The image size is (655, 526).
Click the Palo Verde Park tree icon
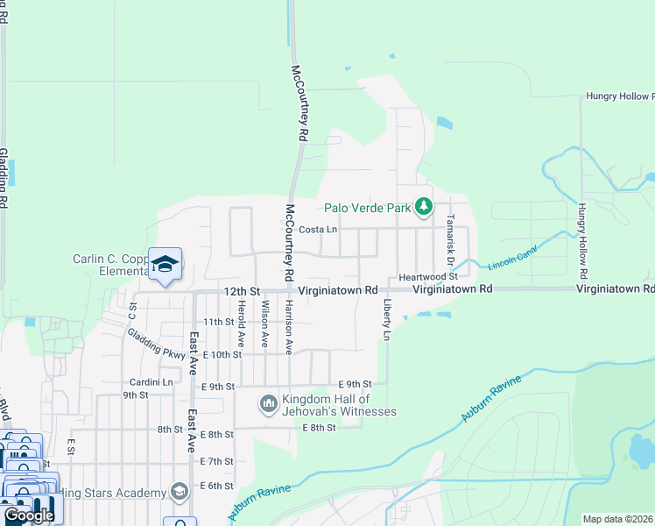tap(425, 207)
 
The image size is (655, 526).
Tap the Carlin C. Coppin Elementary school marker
tap(165, 264)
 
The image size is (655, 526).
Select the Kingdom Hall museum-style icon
tap(268, 404)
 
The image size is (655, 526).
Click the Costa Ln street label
tap(318, 229)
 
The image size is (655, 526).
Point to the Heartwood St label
tap(429, 276)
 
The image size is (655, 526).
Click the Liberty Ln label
tap(386, 317)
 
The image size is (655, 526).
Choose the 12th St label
tap(243, 290)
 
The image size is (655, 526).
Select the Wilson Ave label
tap(264, 323)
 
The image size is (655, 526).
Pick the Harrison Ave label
tap(288, 326)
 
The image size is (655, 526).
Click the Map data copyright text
tap(618, 519)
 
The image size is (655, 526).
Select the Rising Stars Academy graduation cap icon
tap(180, 491)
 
